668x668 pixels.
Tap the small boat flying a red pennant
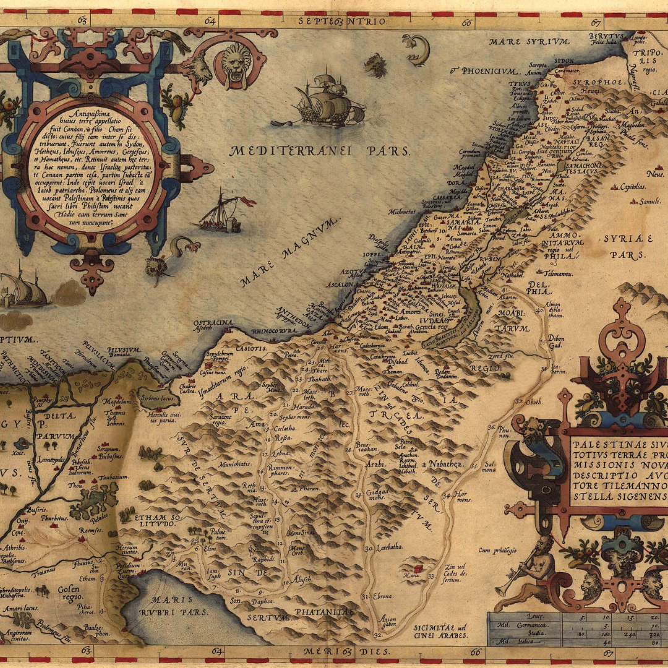[x=223, y=213]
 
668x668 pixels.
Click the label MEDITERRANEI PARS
[x=319, y=151]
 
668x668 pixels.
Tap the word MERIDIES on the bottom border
[x=346, y=652]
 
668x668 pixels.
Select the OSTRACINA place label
[x=213, y=323]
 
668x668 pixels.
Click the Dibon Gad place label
[x=556, y=342]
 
